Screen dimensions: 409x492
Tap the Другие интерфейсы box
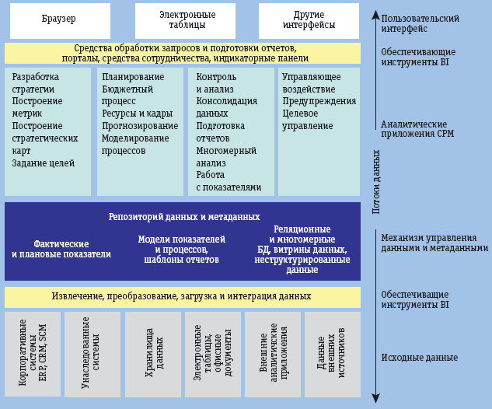[309, 20]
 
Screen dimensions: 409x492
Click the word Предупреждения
[319, 101]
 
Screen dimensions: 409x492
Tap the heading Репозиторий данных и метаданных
[183, 217]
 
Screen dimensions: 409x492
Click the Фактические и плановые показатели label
[61, 249]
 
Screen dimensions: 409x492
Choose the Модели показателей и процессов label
[181, 249]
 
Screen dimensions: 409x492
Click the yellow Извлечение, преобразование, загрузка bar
[182, 297]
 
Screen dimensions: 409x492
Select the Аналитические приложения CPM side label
[417, 128]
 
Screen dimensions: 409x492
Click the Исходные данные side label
[419, 358]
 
